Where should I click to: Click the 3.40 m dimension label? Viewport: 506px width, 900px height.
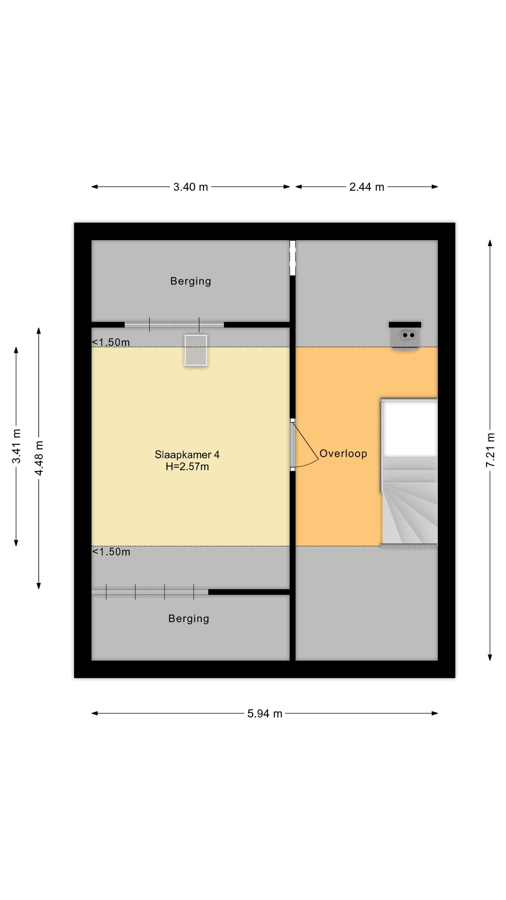(x=191, y=187)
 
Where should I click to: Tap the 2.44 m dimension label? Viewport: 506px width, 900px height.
(x=367, y=187)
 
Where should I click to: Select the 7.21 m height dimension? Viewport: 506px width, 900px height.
(x=490, y=450)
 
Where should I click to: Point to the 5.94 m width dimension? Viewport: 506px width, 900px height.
(x=265, y=713)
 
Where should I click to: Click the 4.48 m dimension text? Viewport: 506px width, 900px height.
(x=39, y=458)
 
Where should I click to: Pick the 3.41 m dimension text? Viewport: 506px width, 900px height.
(x=16, y=446)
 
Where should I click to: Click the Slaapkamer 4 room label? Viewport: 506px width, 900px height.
(x=187, y=454)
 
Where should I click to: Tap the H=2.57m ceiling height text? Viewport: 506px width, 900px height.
(x=187, y=466)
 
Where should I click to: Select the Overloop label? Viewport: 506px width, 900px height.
(x=343, y=454)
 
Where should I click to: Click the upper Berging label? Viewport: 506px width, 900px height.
(x=191, y=281)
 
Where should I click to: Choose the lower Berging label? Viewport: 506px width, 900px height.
(x=189, y=619)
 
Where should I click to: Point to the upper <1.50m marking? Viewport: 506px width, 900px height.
(x=111, y=342)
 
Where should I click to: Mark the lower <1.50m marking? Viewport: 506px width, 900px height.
(x=111, y=552)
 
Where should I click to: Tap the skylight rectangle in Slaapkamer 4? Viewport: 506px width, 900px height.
(x=196, y=350)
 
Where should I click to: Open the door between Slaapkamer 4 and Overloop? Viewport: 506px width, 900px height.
(x=305, y=445)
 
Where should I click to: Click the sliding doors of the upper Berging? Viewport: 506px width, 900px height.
(x=174, y=325)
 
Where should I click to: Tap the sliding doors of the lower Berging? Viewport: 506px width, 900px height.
(x=150, y=592)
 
